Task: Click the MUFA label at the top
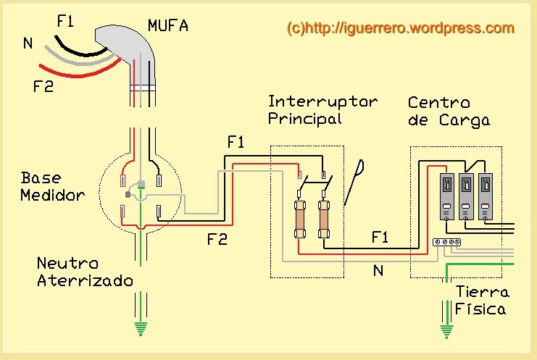point(168,25)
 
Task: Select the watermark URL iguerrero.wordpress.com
point(401,28)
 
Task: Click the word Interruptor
point(322,101)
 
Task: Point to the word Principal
point(305,119)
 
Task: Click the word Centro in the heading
point(438,103)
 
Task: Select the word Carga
point(465,120)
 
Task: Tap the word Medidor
point(52,195)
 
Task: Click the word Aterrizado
point(85,280)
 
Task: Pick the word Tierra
point(483,292)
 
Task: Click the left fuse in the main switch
point(300,219)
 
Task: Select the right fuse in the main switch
point(324,219)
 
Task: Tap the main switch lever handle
point(354,183)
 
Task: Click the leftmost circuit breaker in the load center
point(446,196)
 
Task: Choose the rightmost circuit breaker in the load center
point(486,196)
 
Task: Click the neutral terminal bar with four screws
point(446,242)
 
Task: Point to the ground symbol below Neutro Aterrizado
point(141,329)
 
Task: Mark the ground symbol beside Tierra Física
point(446,332)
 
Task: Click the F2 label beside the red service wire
point(43,86)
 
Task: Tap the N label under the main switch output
point(378,271)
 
